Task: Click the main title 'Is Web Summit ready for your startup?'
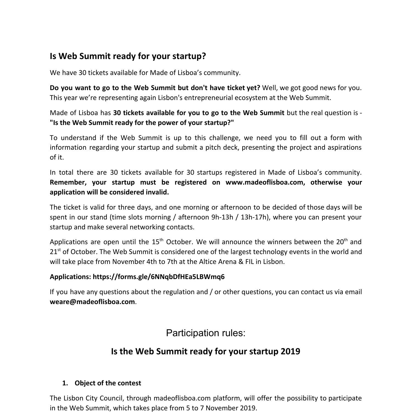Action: pyautogui.click(x=128, y=56)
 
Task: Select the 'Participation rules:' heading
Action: pyautogui.click(x=205, y=333)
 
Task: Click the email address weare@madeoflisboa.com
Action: pyautogui.click(x=92, y=302)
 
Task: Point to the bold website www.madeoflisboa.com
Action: pyautogui.click(x=264, y=182)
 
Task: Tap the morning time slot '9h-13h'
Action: pyautogui.click(x=222, y=217)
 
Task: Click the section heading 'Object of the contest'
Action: pyautogui.click(x=108, y=383)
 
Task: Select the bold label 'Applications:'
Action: pyautogui.click(x=70, y=277)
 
